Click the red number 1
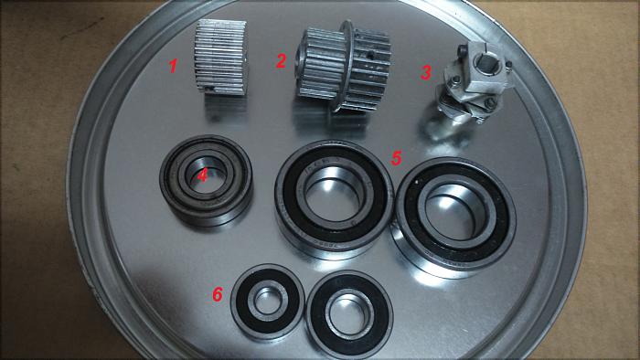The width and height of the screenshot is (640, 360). (174, 66)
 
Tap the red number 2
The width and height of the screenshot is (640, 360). (281, 60)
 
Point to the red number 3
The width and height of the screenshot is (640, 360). (426, 72)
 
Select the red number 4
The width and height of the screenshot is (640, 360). (202, 176)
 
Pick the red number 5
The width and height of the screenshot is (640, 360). (396, 158)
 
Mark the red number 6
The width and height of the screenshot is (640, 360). (218, 294)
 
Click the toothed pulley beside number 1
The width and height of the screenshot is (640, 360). (220, 57)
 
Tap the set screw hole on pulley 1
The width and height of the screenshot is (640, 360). (209, 88)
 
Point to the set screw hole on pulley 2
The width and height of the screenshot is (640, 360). (370, 54)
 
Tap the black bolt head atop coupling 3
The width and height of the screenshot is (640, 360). (463, 50)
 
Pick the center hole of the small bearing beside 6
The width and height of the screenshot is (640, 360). (267, 301)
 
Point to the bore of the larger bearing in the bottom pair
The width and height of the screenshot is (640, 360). (350, 313)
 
